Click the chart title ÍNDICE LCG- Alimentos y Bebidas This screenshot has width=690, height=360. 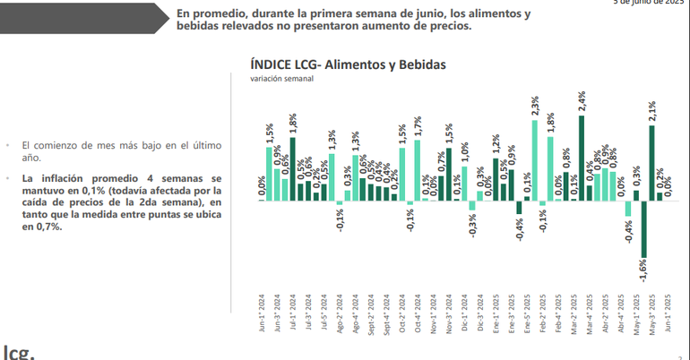pos(349,64)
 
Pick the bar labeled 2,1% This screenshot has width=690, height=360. pos(652,162)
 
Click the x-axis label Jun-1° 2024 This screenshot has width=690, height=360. pos(261,313)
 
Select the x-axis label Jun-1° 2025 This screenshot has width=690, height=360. pos(668,313)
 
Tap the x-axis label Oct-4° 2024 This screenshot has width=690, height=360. pos(417,313)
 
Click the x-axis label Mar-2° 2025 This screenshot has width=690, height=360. pos(574,313)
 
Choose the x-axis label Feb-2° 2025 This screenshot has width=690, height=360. pos(542,313)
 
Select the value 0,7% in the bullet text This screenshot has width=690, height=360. pos(47,227)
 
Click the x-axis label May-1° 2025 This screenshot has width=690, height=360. pos(636,313)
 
